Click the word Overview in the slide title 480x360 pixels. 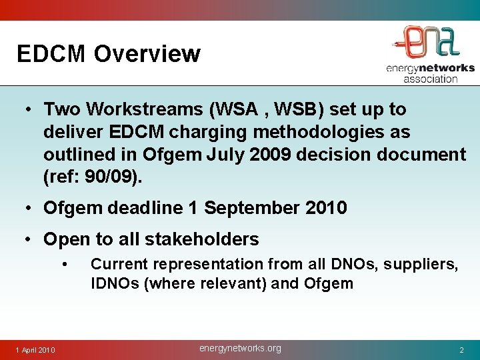147,53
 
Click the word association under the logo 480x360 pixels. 430,78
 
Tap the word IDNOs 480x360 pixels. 114,283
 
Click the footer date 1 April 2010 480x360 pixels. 36,350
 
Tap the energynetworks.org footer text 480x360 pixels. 240,348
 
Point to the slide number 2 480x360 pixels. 461,350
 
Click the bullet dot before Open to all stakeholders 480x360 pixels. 31,239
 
